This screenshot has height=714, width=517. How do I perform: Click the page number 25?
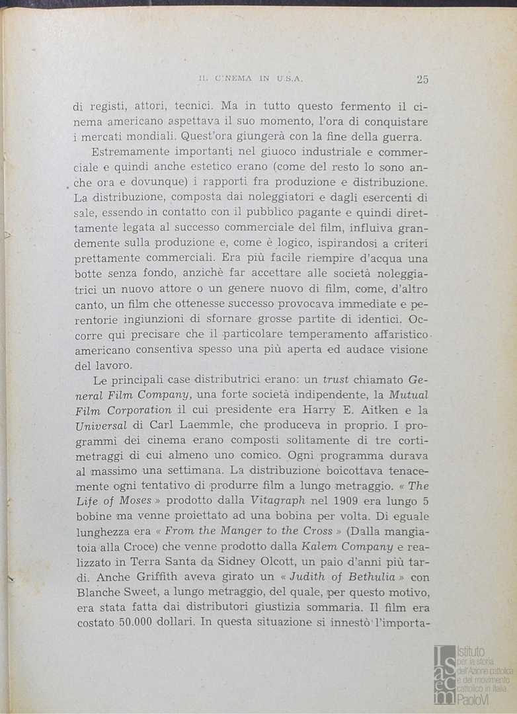point(422,79)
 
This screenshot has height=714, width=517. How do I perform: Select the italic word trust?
point(336,379)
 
